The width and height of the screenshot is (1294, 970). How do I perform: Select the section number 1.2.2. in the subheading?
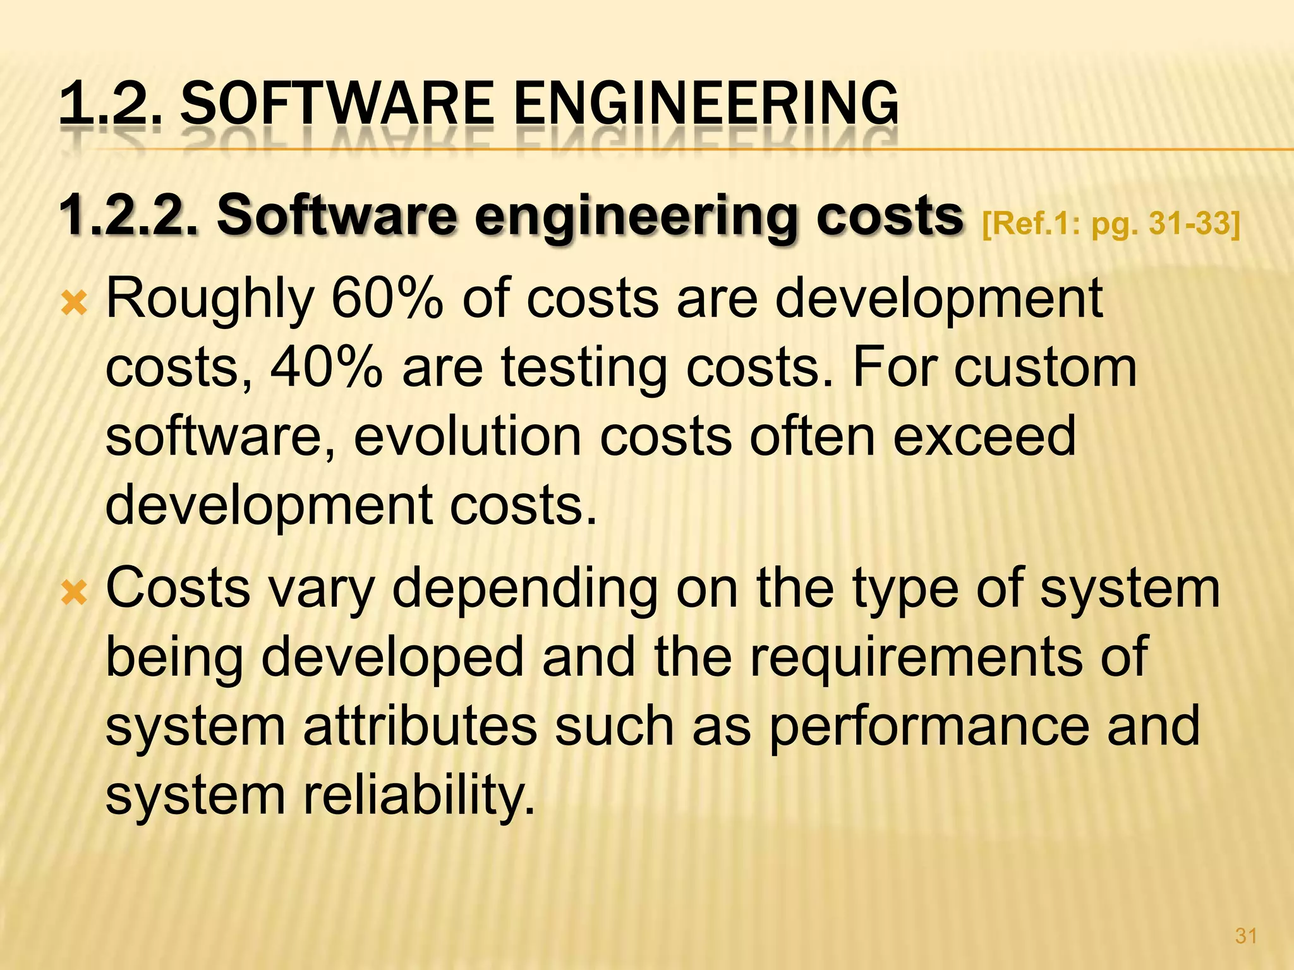pos(129,217)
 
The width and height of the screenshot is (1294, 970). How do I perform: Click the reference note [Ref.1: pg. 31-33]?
pos(1111,223)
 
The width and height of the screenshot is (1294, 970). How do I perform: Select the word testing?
pos(584,369)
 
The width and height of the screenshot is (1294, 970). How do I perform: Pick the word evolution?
pos(467,436)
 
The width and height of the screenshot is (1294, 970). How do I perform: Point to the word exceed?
pos(984,436)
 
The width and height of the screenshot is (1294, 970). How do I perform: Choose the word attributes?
pos(420,726)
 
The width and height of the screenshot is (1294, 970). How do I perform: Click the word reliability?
pos(419,796)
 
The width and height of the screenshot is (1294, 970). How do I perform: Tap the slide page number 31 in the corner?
pos(1245,936)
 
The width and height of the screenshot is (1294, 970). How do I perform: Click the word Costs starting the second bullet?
pos(178,588)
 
